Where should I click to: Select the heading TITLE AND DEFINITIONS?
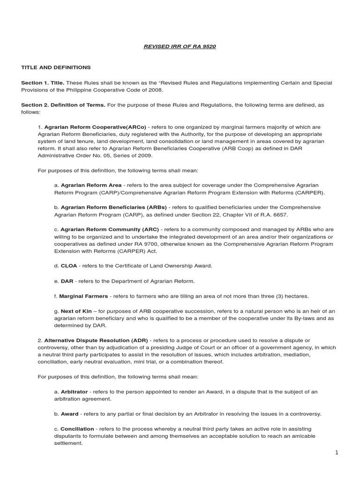(56, 67)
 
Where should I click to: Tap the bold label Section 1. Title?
(43, 82)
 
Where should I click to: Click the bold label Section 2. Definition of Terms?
(63, 105)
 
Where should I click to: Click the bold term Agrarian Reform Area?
(91, 185)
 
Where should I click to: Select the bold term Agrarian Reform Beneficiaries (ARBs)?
(113, 207)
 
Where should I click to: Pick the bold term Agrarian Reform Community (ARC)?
(110, 229)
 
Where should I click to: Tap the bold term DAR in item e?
(67, 281)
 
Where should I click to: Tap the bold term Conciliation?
(77, 429)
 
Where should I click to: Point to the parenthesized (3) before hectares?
(273, 296)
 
